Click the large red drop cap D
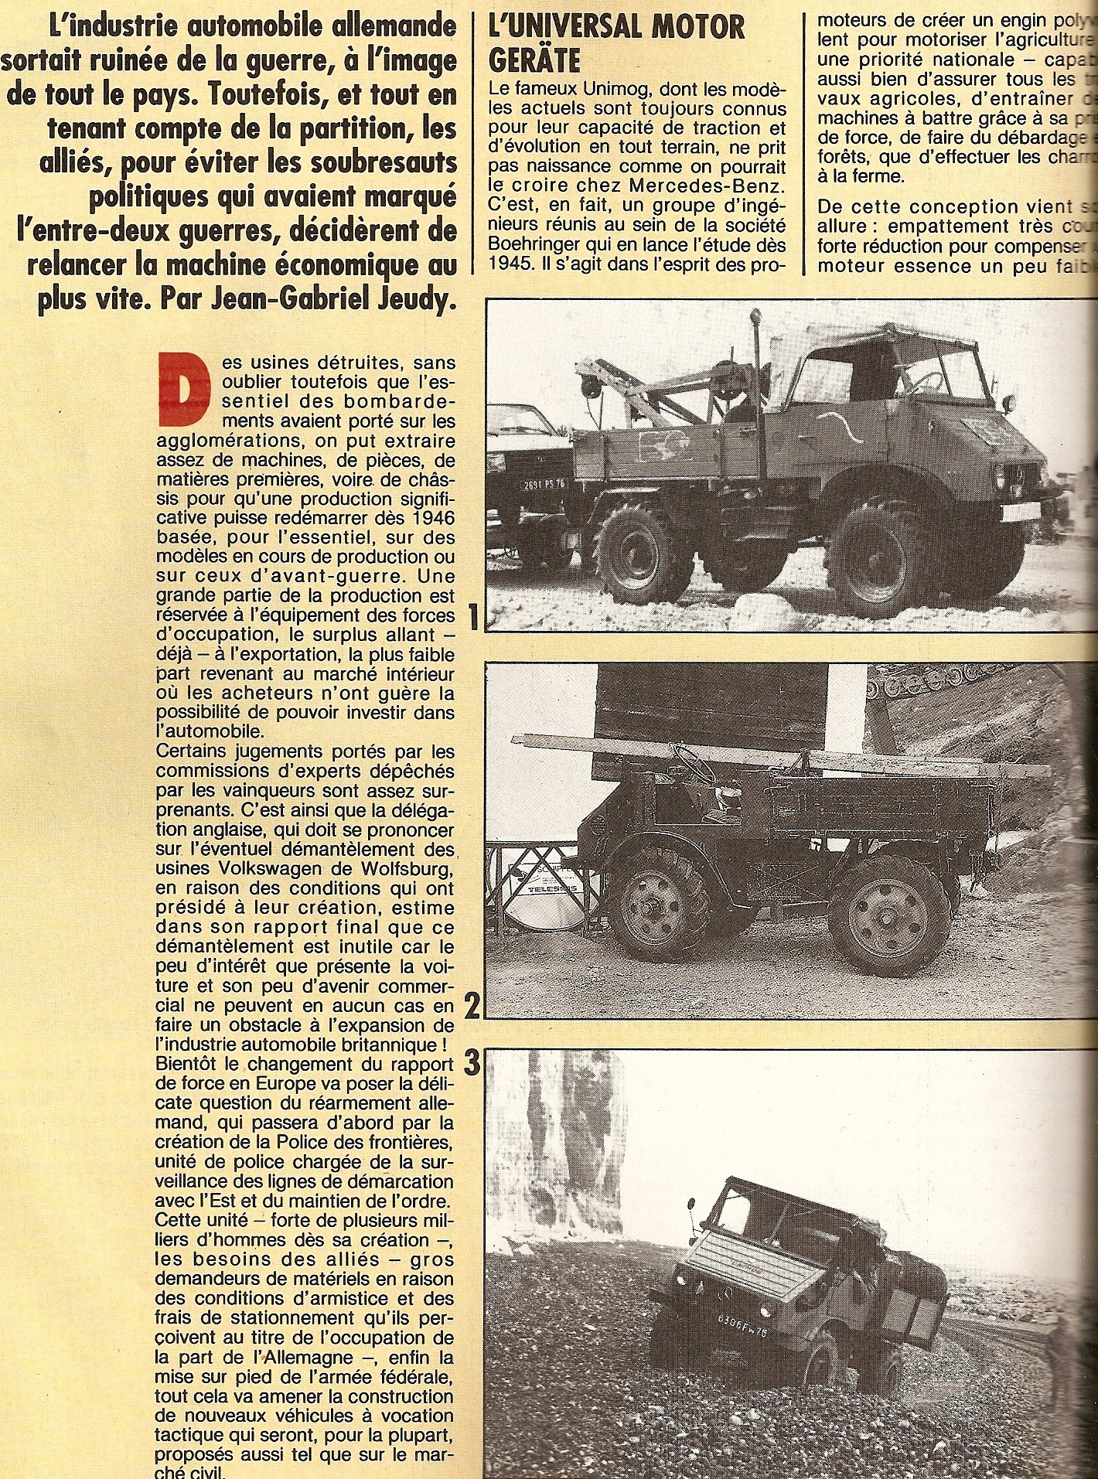[185, 391]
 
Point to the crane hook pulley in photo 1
[590, 384]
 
